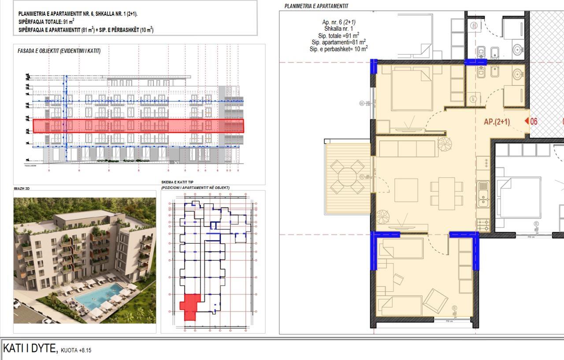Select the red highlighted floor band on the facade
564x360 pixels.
[138, 126]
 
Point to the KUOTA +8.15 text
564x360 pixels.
[76, 350]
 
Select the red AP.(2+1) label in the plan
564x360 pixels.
[497, 122]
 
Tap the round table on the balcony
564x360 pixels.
[348, 177]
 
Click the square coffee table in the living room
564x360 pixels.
[406, 190]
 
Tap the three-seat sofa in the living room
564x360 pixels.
[407, 148]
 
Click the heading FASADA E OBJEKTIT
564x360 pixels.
[59, 51]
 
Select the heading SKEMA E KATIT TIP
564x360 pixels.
[177, 182]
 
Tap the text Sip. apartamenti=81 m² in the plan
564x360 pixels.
[338, 42]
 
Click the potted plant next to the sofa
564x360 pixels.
[444, 143]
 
